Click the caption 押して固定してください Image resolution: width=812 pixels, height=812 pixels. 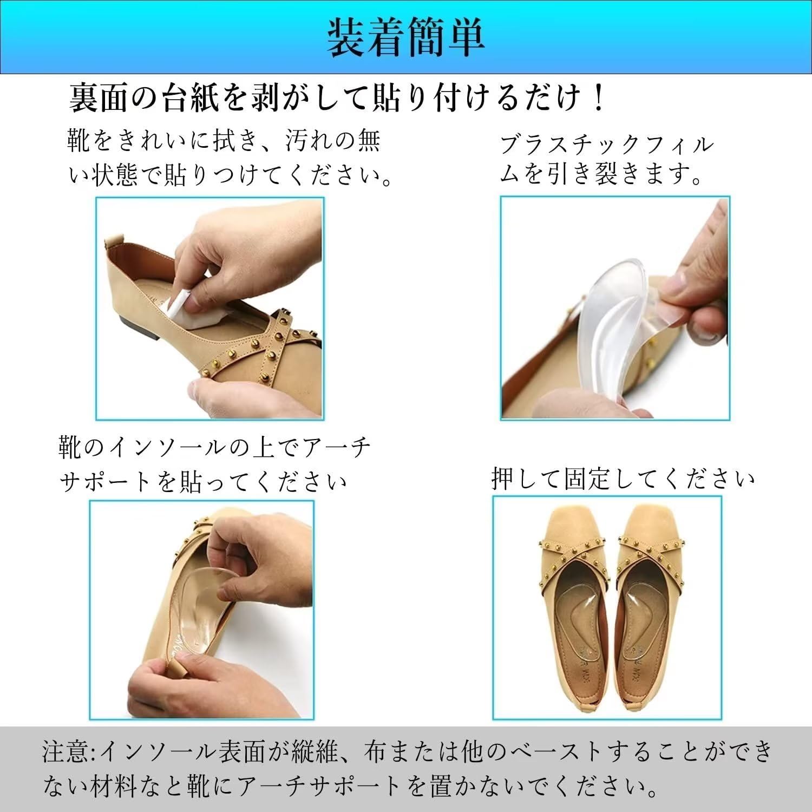[623, 479]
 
